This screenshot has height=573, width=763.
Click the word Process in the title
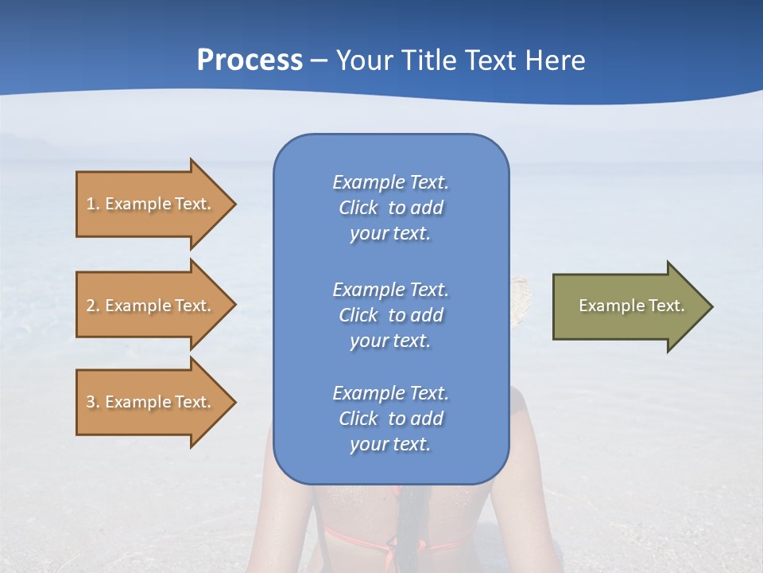pyautogui.click(x=250, y=60)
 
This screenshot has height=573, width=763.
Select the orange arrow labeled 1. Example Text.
pyautogui.click(x=151, y=204)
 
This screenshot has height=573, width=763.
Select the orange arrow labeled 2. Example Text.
pyautogui.click(x=151, y=306)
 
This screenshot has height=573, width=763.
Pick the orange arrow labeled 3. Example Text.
pyautogui.click(x=151, y=402)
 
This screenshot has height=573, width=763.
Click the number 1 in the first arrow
pyautogui.click(x=91, y=204)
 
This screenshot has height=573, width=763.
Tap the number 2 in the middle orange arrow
pyautogui.click(x=91, y=306)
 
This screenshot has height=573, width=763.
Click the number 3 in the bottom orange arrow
pyautogui.click(x=91, y=402)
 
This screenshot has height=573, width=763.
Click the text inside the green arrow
pyautogui.click(x=632, y=306)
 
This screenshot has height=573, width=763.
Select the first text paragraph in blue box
pyautogui.click(x=390, y=208)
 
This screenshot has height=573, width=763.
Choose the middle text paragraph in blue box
pyautogui.click(x=390, y=314)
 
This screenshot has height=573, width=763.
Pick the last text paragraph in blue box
pyautogui.click(x=390, y=419)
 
